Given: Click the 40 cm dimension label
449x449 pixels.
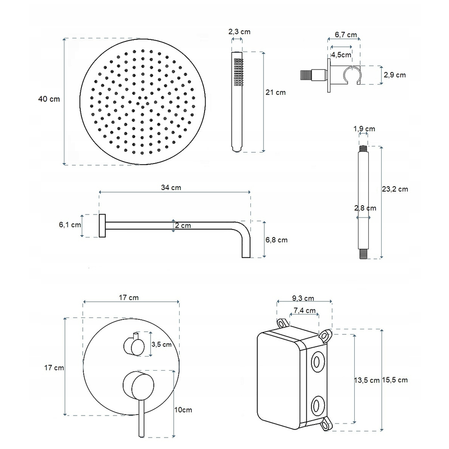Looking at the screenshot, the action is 49,99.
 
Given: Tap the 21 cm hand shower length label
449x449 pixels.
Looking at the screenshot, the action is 275,92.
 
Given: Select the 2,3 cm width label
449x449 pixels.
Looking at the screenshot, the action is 239,31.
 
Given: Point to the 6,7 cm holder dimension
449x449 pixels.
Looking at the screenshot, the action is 346,34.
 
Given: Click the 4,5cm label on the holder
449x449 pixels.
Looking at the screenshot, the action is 341,54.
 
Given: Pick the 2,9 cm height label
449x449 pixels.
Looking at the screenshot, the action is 395,75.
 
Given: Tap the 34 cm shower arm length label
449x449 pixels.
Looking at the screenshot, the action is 171,188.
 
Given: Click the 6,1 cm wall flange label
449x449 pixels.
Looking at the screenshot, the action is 70,225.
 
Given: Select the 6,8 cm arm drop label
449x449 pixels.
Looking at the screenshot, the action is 276,240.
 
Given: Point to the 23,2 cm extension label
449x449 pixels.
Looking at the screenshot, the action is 395,189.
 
